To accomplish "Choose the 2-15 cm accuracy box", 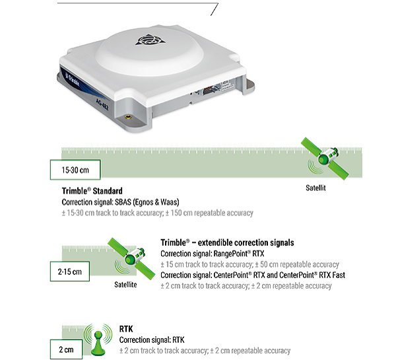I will click(70, 271).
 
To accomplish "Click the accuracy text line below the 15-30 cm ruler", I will click(157, 213).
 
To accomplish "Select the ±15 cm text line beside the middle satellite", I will click(250, 264).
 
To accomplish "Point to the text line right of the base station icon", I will click(205, 351).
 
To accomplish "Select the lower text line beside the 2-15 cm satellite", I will click(246, 286).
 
